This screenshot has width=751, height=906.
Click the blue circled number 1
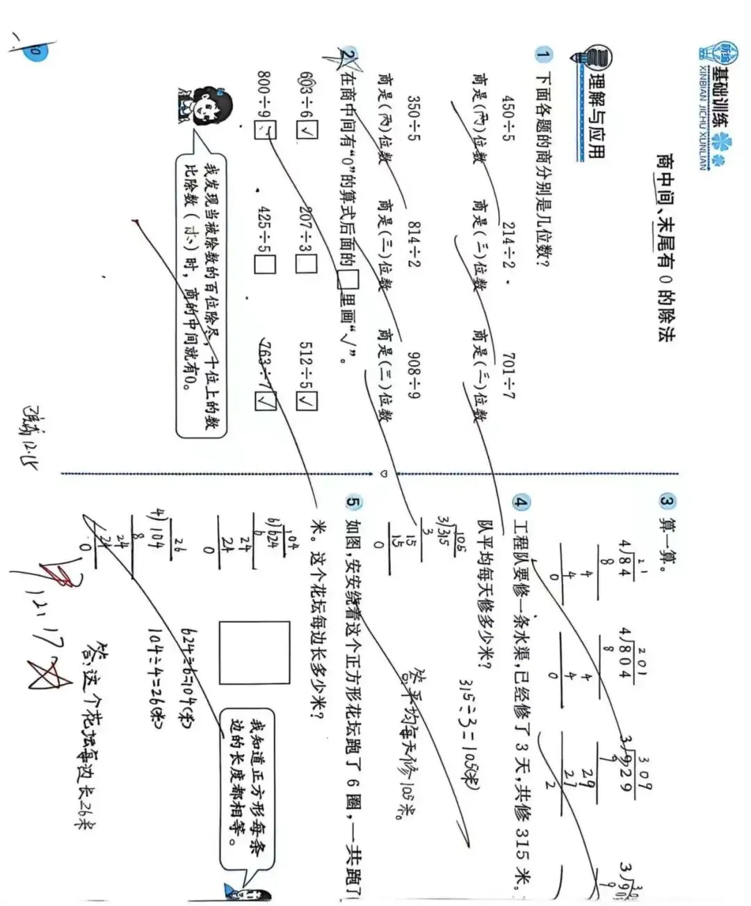(543, 54)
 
